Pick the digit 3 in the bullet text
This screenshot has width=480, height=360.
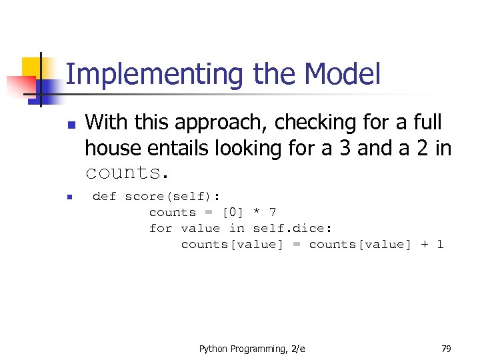(345, 147)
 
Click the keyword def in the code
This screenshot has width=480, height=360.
(104, 196)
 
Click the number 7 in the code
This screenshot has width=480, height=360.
(272, 212)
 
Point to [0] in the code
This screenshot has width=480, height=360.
(233, 212)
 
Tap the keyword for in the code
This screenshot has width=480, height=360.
(161, 228)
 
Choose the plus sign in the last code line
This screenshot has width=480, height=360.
(425, 244)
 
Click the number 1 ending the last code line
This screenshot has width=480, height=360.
(440, 244)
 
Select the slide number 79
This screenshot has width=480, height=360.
(446, 349)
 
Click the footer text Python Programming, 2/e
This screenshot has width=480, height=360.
(252, 349)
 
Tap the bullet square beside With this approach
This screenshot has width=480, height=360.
(71, 125)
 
